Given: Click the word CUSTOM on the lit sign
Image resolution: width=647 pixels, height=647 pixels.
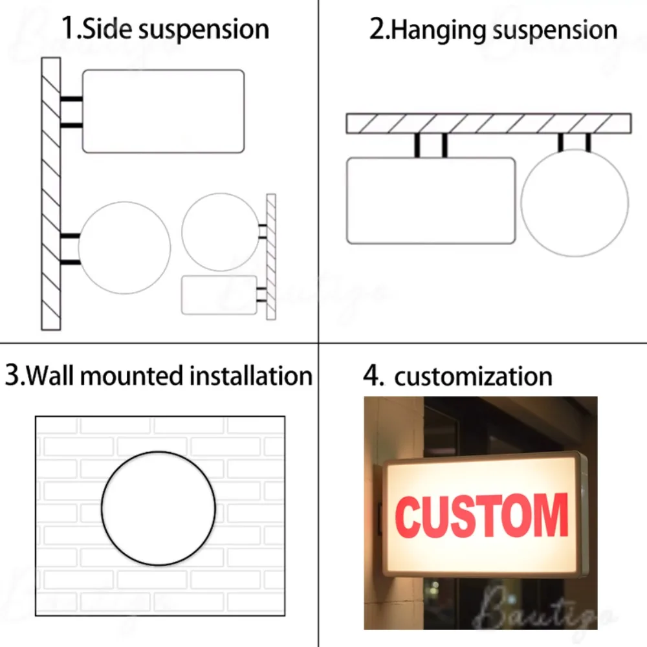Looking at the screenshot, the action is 481,516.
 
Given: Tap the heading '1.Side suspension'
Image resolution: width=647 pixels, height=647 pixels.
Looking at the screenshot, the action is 165,29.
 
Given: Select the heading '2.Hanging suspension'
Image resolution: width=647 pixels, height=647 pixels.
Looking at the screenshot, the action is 493,30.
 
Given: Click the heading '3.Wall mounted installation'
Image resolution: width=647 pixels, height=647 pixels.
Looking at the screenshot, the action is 159,375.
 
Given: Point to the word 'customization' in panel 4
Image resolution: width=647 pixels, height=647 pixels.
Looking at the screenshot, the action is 473,376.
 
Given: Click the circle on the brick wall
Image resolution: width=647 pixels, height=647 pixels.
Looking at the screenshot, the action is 159,509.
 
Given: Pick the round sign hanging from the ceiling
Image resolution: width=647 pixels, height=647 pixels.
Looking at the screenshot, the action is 575,203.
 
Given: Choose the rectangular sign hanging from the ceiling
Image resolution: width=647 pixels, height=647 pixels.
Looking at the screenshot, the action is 431,201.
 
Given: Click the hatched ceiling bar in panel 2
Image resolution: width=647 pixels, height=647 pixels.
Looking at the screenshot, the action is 488,124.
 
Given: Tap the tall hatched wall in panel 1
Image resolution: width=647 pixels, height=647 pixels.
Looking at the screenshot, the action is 51,194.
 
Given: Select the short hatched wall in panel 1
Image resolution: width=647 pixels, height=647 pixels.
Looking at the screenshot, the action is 271,257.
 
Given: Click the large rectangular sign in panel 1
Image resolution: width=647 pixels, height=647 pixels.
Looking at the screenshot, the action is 163,111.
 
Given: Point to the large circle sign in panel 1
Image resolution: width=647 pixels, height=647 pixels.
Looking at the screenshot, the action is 124,248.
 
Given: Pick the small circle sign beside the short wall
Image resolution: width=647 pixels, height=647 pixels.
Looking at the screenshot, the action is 221,232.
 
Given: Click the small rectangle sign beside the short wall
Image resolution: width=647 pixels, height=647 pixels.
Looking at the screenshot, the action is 219,295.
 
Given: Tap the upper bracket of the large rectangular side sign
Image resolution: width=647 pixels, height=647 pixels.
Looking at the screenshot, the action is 71,99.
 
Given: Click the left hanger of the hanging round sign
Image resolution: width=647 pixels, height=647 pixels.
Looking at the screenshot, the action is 561,142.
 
